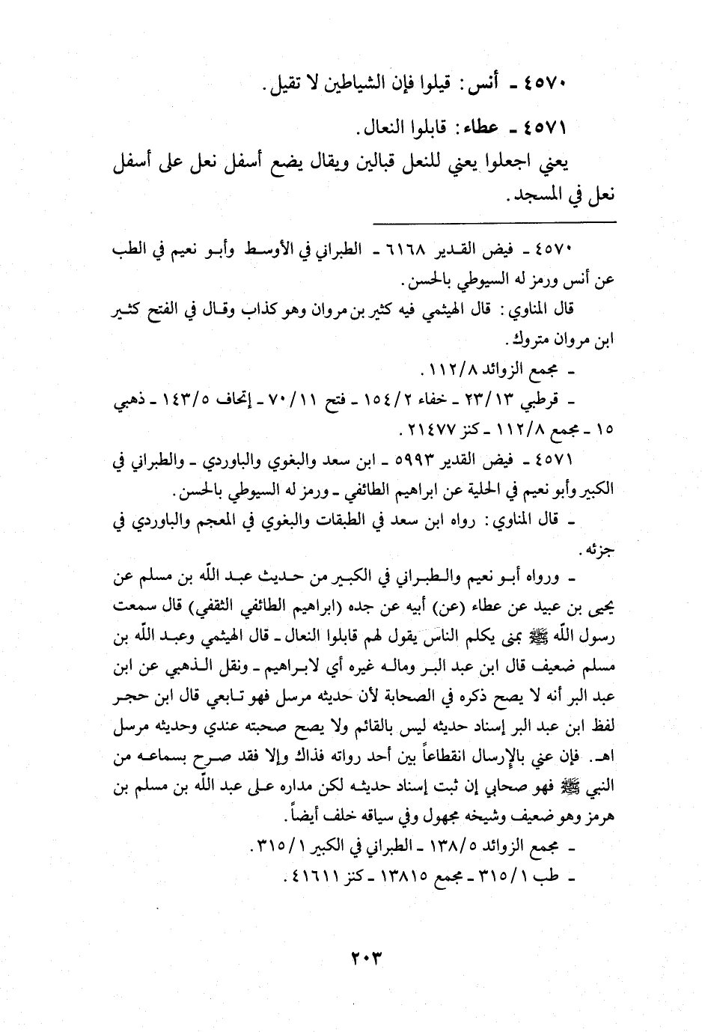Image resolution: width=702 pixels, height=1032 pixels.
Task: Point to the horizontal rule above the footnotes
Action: click(494, 222)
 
